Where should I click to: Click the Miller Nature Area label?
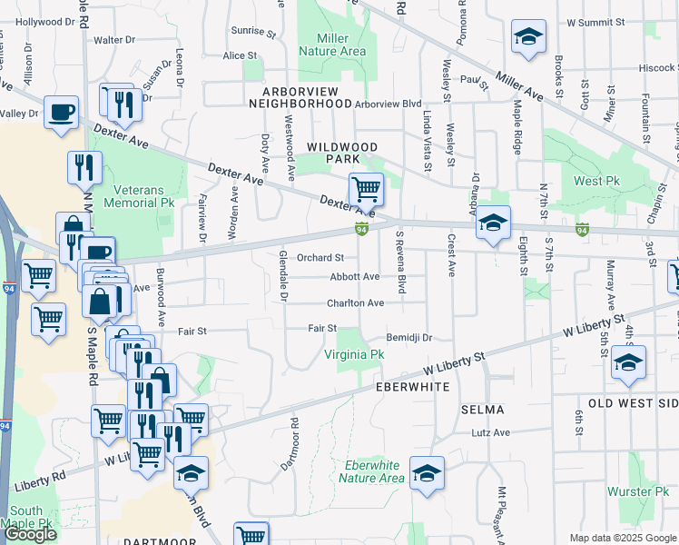point(341,45)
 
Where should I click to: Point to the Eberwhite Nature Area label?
point(373,471)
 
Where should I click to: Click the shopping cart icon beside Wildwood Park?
point(366,190)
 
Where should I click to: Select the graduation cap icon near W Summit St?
point(528,37)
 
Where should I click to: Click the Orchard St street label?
point(320,258)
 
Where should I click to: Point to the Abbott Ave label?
point(355,276)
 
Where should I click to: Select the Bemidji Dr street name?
point(408,337)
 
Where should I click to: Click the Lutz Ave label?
point(491,432)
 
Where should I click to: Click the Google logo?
point(30,533)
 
